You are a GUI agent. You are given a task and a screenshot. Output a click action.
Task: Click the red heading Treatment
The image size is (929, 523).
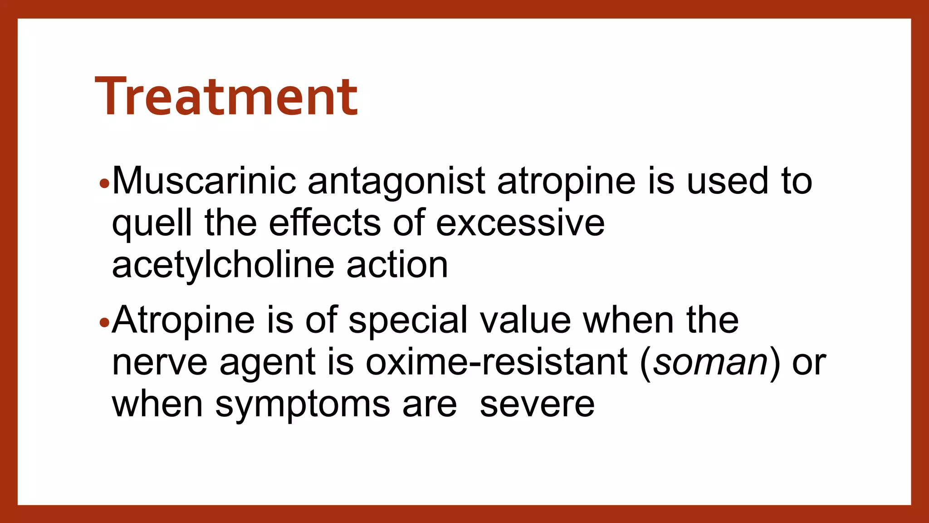(226, 97)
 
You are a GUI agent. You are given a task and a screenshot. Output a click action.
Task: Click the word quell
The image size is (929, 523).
(152, 223)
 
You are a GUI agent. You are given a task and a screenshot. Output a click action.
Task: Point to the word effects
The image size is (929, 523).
(325, 222)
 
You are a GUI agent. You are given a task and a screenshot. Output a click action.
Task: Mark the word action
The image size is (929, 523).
(397, 265)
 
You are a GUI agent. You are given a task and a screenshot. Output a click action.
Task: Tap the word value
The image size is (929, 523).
(525, 321)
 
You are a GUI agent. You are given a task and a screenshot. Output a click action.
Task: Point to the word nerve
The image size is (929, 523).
(160, 362)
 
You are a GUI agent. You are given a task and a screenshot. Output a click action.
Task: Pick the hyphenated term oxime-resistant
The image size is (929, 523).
(497, 362)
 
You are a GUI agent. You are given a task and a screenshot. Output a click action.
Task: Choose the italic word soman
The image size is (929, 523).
(710, 363)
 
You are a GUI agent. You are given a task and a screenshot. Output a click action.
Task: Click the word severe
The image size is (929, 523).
(537, 404)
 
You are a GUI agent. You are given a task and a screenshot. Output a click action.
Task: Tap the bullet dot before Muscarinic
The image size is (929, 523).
(104, 184)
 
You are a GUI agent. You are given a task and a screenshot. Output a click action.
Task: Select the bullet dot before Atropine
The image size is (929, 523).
(104, 323)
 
